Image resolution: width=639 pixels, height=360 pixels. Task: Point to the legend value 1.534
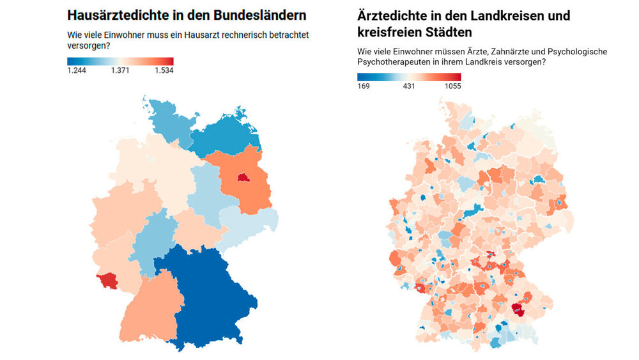[164, 70]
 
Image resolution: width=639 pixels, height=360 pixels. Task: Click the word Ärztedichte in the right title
[394, 15]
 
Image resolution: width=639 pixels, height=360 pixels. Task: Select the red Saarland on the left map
[107, 280]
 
